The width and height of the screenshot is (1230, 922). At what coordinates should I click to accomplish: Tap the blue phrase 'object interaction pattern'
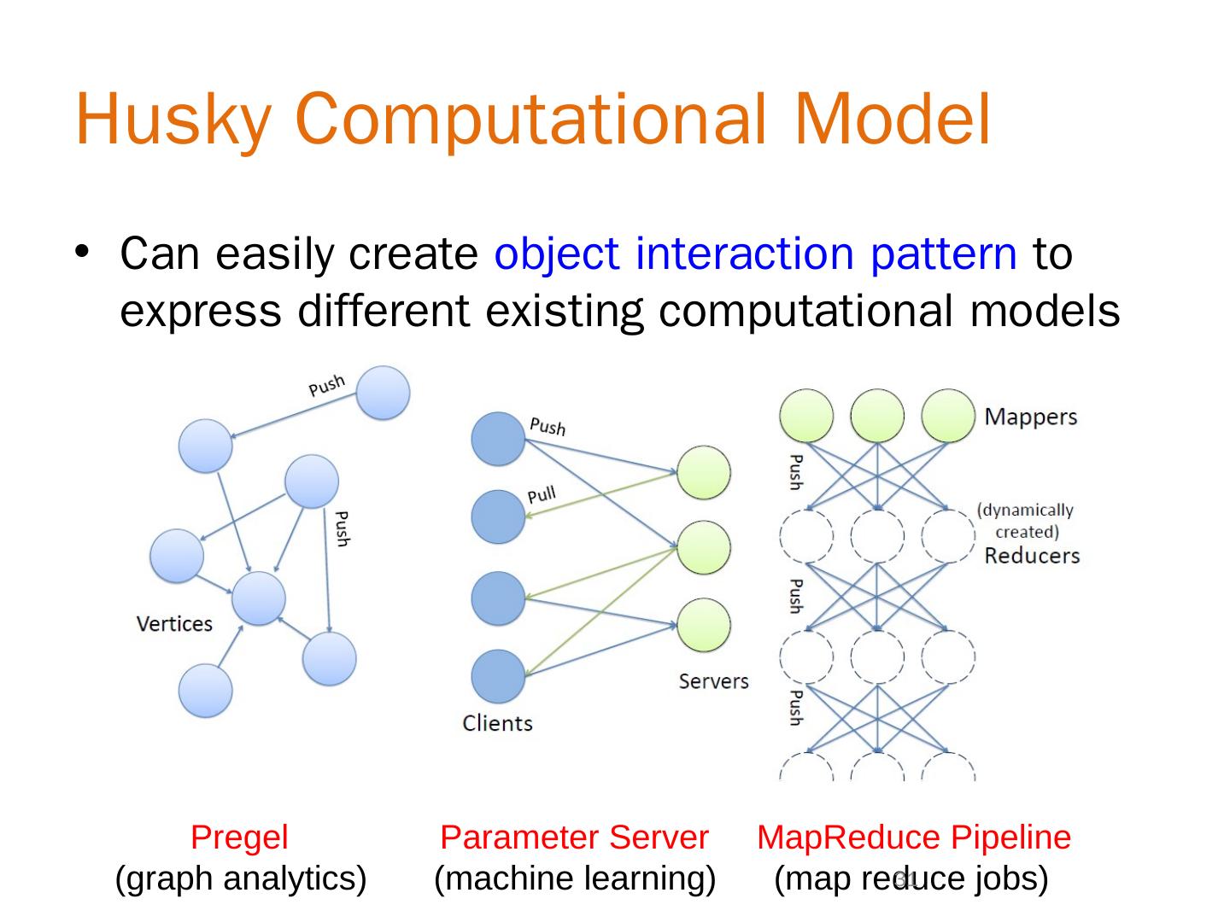pyautogui.click(x=755, y=254)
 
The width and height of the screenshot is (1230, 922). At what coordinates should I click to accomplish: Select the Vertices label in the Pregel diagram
pyautogui.click(x=174, y=624)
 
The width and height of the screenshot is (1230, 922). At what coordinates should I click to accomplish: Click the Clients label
pyautogui.click(x=497, y=723)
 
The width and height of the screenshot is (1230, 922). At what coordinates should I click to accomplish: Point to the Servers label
pyautogui.click(x=713, y=681)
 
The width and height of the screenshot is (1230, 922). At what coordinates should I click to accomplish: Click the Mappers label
pyautogui.click(x=1030, y=417)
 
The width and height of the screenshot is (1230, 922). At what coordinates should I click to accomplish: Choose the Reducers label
pyautogui.click(x=1032, y=556)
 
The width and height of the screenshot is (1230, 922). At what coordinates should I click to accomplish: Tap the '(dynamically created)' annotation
pyautogui.click(x=1026, y=521)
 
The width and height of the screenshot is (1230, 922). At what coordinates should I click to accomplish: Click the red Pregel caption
pyautogui.click(x=239, y=837)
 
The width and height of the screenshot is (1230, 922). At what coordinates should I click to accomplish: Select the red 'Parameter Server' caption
pyautogui.click(x=574, y=837)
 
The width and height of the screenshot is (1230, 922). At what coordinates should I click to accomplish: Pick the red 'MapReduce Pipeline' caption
pyautogui.click(x=914, y=837)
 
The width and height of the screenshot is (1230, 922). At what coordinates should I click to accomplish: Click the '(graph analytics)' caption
pyautogui.click(x=241, y=878)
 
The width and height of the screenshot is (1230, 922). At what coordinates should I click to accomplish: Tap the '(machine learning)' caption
pyautogui.click(x=575, y=878)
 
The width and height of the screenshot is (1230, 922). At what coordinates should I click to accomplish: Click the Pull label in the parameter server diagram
pyautogui.click(x=542, y=495)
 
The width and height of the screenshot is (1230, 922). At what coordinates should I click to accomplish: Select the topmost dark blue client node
pyautogui.click(x=498, y=439)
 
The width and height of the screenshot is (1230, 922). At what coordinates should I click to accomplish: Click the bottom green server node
pyautogui.click(x=704, y=625)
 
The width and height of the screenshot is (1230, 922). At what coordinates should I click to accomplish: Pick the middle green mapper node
pyautogui.click(x=877, y=416)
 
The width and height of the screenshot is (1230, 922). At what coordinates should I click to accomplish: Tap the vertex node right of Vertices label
pyautogui.click(x=259, y=598)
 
